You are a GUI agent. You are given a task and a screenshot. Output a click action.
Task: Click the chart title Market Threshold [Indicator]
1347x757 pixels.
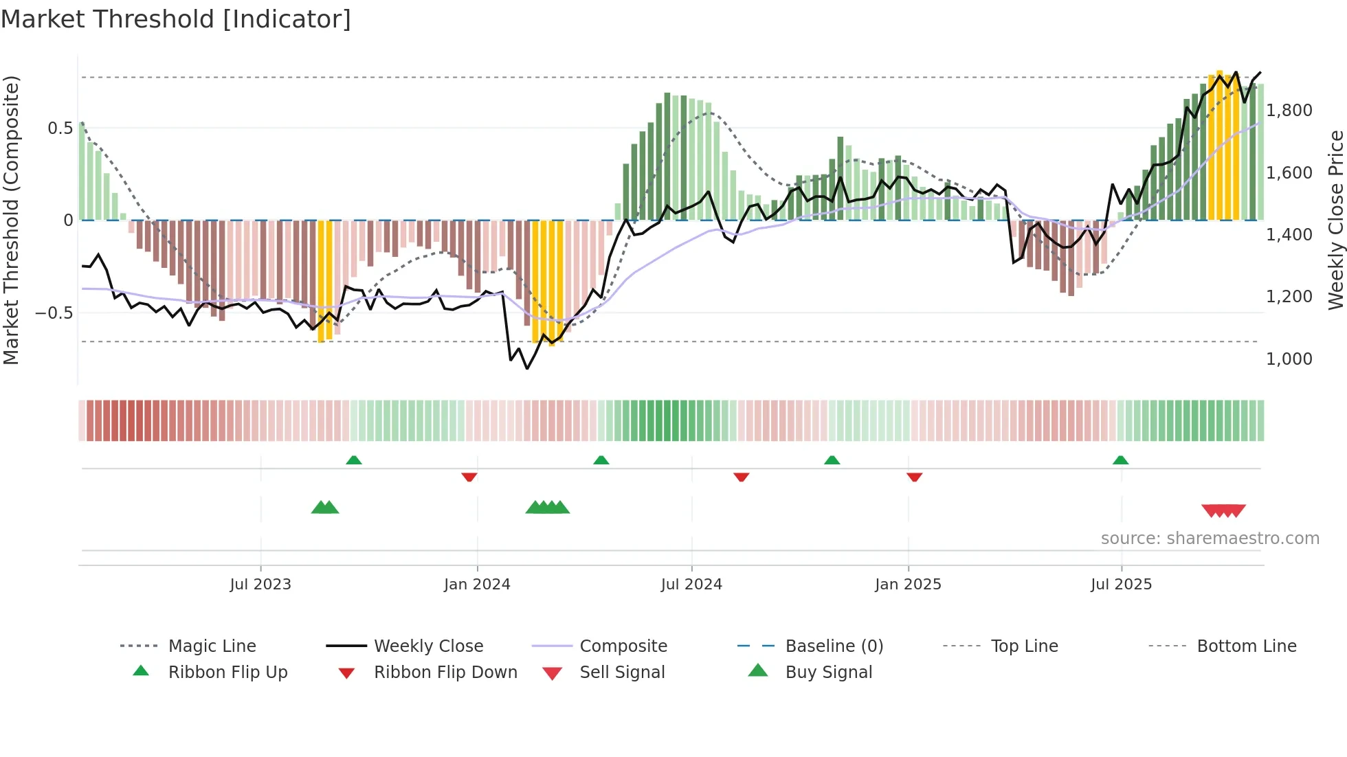(176, 19)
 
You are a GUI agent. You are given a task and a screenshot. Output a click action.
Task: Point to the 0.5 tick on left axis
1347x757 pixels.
(60, 128)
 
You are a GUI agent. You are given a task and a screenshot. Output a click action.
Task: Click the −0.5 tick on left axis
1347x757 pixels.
(54, 313)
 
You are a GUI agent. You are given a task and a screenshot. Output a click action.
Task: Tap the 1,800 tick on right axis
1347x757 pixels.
(1289, 111)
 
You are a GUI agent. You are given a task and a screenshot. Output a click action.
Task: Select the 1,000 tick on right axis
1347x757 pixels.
(1289, 359)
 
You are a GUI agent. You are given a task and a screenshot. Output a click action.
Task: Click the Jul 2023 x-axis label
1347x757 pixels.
(260, 585)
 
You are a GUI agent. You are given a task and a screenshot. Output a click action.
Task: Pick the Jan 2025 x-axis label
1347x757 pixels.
(908, 585)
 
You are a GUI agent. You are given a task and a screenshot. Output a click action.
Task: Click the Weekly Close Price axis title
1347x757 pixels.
(1335, 220)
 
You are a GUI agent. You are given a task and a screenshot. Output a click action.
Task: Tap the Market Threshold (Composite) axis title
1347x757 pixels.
(11, 220)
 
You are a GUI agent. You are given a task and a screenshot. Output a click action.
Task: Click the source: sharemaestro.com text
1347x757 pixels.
(1210, 539)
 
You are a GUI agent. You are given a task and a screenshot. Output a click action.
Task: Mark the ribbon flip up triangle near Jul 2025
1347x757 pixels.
(1120, 460)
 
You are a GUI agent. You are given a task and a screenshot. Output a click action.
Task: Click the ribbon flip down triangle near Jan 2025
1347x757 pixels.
(914, 477)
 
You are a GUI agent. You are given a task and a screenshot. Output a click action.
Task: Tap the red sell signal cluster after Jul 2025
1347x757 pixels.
(1223, 510)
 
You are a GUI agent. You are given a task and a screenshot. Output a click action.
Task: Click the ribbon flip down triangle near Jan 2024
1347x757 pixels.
(469, 477)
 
